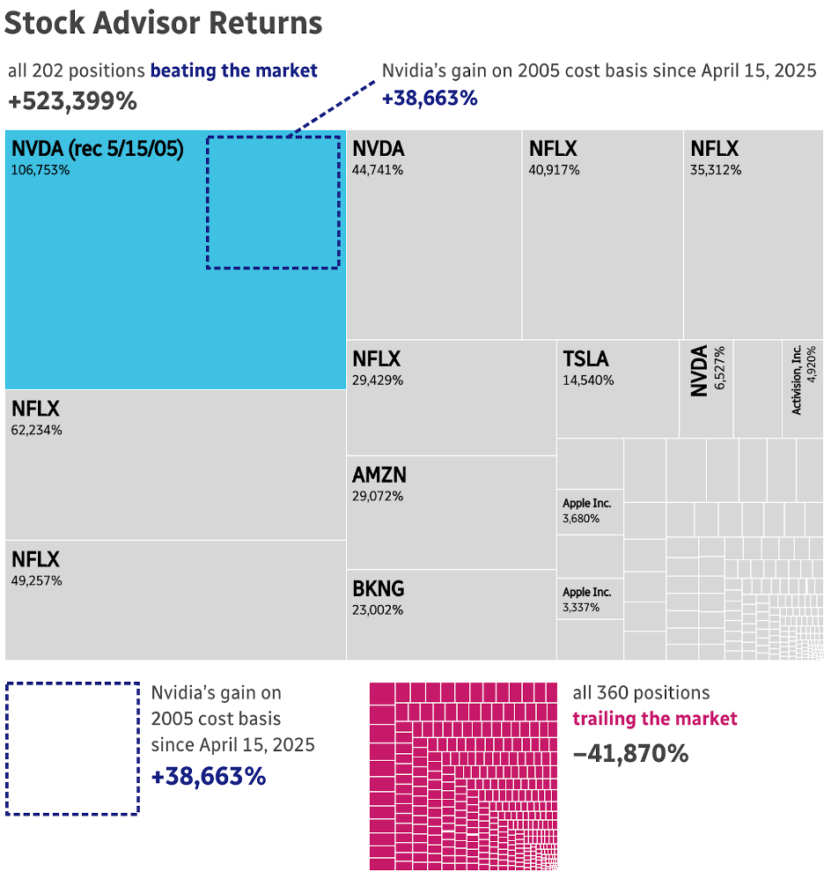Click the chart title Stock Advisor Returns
(164, 24)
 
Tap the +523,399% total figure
(72, 101)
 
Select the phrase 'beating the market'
(233, 70)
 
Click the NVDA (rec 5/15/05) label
(98, 149)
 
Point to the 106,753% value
(40, 169)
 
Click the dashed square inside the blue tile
(273, 202)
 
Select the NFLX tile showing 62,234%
(175, 464)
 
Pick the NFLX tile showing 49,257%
(175, 600)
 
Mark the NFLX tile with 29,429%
(451, 398)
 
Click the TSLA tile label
(586, 359)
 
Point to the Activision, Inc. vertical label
(797, 380)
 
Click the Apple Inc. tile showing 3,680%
(590, 512)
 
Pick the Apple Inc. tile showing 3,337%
(590, 600)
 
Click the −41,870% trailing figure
(630, 753)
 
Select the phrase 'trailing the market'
(655, 719)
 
